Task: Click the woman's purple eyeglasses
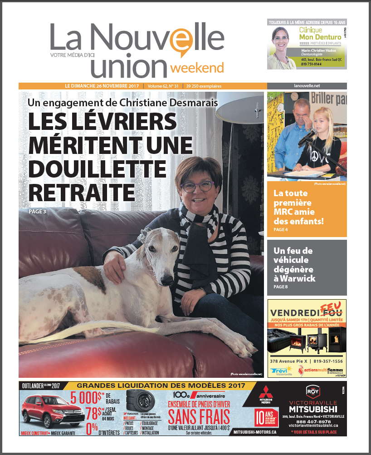(x=198, y=186)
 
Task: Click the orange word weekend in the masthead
(x=197, y=68)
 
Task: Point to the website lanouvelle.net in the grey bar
(x=307, y=86)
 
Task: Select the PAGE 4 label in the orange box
(x=281, y=230)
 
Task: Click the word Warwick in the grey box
(x=298, y=278)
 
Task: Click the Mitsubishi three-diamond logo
(x=265, y=393)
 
